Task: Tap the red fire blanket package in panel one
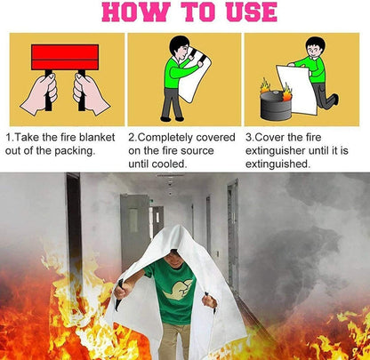[x=64, y=57]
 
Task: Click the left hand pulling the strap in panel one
[x=38, y=93]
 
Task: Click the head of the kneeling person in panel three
[x=315, y=46]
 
